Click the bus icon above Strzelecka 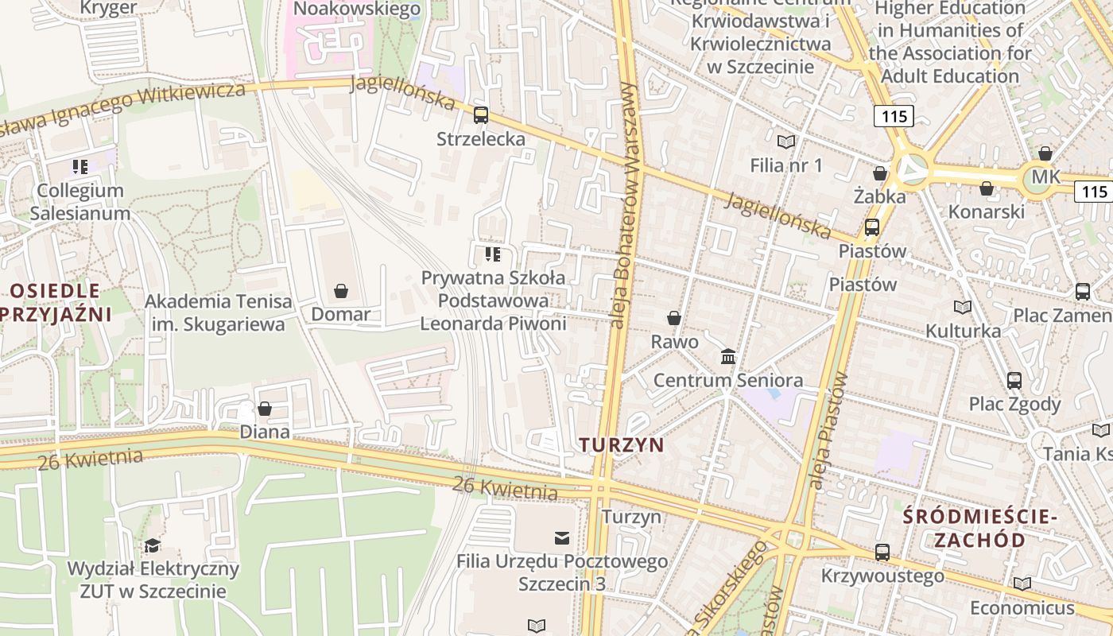[x=481, y=115]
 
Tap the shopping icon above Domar [x=341, y=291]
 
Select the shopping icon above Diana [x=265, y=409]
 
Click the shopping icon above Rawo [x=674, y=318]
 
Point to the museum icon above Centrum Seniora [x=728, y=356]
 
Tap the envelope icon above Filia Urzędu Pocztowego [x=562, y=538]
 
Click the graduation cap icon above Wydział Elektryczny [x=152, y=545]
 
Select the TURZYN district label [x=622, y=444]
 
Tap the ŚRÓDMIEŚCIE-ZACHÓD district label [x=979, y=529]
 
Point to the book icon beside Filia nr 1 [x=786, y=142]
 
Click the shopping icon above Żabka [x=880, y=173]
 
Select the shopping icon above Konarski [x=987, y=188]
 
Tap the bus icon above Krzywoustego [x=882, y=552]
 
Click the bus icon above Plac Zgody [x=1014, y=380]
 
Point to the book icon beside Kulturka [x=963, y=307]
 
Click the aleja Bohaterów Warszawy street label [x=624, y=205]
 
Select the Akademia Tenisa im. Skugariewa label [x=218, y=313]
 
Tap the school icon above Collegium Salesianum [x=79, y=167]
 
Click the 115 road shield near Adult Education [x=894, y=116]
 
